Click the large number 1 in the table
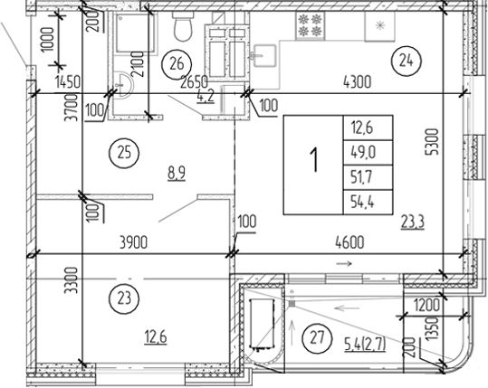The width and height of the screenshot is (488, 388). pos(313,164)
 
